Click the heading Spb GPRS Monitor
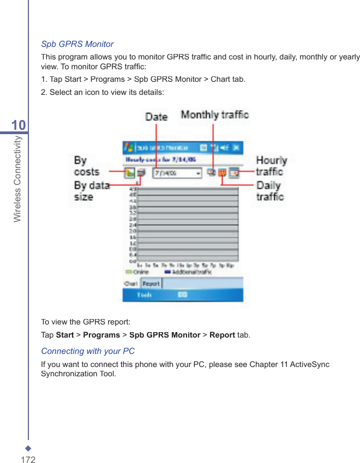[x=77, y=44]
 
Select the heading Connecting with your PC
[x=88, y=351]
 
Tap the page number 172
[x=28, y=460]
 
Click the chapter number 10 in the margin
[x=19, y=126]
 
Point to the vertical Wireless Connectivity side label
[x=17, y=179]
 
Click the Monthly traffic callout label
[x=214, y=115]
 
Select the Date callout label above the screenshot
[x=157, y=117]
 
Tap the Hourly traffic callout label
[x=271, y=165]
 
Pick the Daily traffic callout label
[x=270, y=191]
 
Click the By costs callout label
[x=86, y=166]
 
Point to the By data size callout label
[x=91, y=191]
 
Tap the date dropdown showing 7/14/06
[x=177, y=173]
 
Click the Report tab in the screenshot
[x=151, y=284]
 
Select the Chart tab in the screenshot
[x=131, y=284]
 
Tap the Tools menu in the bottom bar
[x=145, y=295]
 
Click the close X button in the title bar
[x=236, y=148]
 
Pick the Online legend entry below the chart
[x=137, y=272]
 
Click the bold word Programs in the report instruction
[x=101, y=335]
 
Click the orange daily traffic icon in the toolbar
[x=222, y=173]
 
